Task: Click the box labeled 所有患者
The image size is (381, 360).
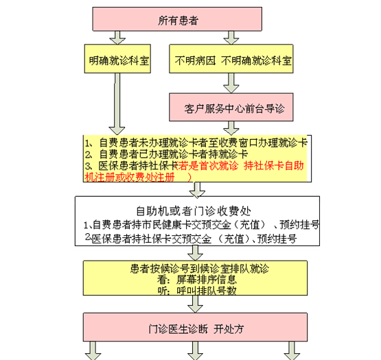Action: point(177,19)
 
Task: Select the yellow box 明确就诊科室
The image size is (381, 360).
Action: point(117,58)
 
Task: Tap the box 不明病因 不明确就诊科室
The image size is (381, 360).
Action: point(231,58)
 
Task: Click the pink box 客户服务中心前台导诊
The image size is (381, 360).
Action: point(231,107)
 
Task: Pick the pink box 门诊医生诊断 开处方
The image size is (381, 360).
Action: point(196,327)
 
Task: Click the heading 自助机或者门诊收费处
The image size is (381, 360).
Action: point(194,211)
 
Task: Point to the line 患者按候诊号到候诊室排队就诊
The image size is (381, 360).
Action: point(200,269)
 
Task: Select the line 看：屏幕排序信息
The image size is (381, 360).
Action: point(197,279)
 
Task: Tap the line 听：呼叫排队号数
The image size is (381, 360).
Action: point(197,290)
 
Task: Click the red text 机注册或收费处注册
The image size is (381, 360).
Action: point(130,177)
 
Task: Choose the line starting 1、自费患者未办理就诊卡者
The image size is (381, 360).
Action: point(196,143)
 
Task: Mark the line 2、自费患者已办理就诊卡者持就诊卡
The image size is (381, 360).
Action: point(166,154)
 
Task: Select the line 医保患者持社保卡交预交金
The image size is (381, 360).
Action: point(192,239)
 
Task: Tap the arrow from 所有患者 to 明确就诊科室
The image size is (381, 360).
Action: point(117,38)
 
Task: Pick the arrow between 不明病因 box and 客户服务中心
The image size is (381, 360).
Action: point(231,83)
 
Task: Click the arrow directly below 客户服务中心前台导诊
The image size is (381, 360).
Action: point(231,128)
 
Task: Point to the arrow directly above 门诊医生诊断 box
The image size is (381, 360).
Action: point(196,304)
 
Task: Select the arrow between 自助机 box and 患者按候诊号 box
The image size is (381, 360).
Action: point(196,253)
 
